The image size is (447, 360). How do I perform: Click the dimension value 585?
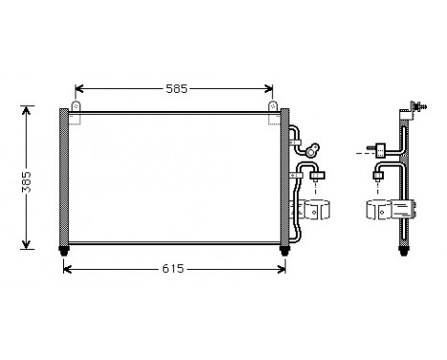[x=176, y=89]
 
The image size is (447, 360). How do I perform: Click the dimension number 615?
[x=173, y=269]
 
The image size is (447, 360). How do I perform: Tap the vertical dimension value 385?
[x=27, y=182]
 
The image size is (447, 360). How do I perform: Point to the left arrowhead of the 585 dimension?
[x=78, y=89]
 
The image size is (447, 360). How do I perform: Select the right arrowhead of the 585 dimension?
[x=269, y=89]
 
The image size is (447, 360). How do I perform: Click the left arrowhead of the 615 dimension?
[x=68, y=269]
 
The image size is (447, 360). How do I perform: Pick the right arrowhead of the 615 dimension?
[x=281, y=269]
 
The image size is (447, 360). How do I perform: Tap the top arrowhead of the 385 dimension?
[x=26, y=110]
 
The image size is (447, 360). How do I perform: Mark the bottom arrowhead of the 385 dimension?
[x=26, y=244]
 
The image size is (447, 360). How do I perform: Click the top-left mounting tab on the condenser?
[x=76, y=106]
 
